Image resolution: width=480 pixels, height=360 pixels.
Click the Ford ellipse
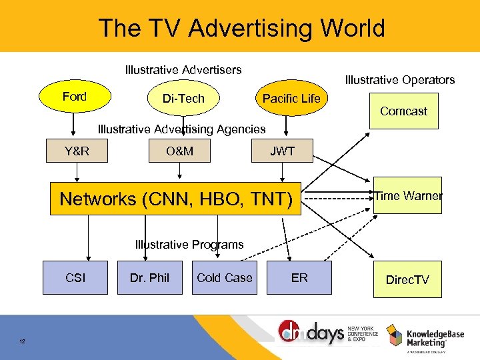pos(75,97)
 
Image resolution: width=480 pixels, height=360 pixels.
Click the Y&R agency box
pos(77,151)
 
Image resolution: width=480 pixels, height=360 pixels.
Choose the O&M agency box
pos(179,151)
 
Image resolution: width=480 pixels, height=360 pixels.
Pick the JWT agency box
pos(282,151)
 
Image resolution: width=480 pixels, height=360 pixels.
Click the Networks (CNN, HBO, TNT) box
pos(176,199)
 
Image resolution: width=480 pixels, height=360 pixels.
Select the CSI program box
pos(75,277)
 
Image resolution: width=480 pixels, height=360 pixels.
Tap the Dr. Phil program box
pos(150,277)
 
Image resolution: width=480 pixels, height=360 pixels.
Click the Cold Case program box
pos(225,277)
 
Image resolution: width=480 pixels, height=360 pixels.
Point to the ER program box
pos(299,277)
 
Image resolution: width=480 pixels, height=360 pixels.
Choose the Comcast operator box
pos(403,111)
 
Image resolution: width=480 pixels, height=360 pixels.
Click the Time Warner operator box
pos(408,196)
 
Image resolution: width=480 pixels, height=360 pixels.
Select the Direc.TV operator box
pos(407,279)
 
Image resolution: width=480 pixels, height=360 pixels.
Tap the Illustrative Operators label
pos(400,80)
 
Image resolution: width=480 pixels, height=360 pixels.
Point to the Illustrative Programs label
pos(189,245)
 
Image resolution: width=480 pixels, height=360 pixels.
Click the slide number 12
pos(23,342)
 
